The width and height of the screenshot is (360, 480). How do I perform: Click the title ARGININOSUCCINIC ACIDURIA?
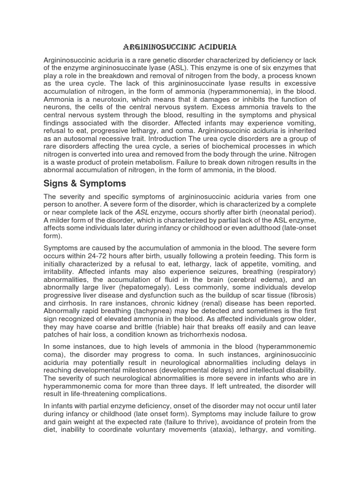[x=180, y=47]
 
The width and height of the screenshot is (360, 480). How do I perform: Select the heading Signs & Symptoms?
[x=84, y=183]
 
